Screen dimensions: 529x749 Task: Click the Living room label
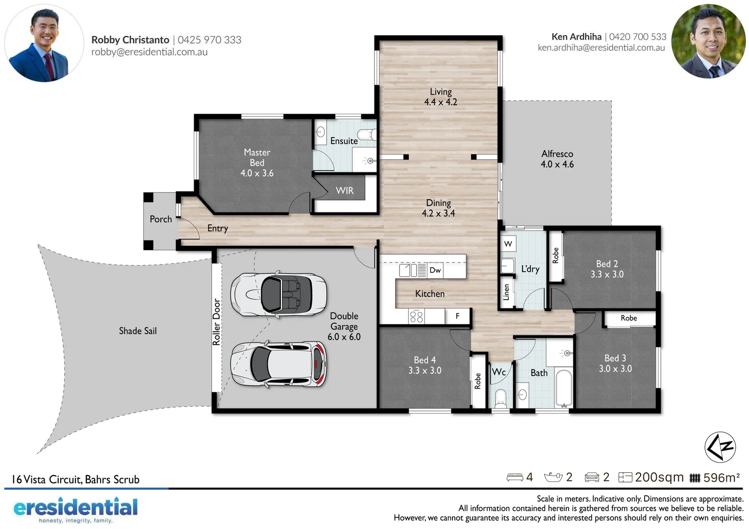coord(440,96)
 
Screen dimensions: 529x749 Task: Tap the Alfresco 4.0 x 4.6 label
coord(557,159)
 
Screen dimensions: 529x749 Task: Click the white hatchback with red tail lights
coord(278,364)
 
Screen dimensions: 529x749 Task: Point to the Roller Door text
coord(216,322)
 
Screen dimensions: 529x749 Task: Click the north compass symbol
coord(720,447)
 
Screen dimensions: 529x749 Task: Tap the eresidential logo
coord(75,509)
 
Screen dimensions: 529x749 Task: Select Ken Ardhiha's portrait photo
coord(708,42)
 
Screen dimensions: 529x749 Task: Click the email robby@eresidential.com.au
coord(149,52)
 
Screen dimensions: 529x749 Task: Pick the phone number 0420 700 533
coord(637,37)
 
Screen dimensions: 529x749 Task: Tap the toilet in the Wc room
coord(500,398)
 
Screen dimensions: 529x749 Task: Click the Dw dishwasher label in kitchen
coord(435,270)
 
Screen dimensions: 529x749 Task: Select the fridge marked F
coord(457,316)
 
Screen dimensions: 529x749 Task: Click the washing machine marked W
coord(508,243)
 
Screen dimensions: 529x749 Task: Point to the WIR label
coord(344,191)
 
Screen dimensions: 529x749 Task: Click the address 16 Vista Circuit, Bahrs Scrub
coord(75,479)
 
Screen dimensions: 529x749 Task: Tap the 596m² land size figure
coord(721,478)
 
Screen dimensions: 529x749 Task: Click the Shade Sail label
coord(138,331)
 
